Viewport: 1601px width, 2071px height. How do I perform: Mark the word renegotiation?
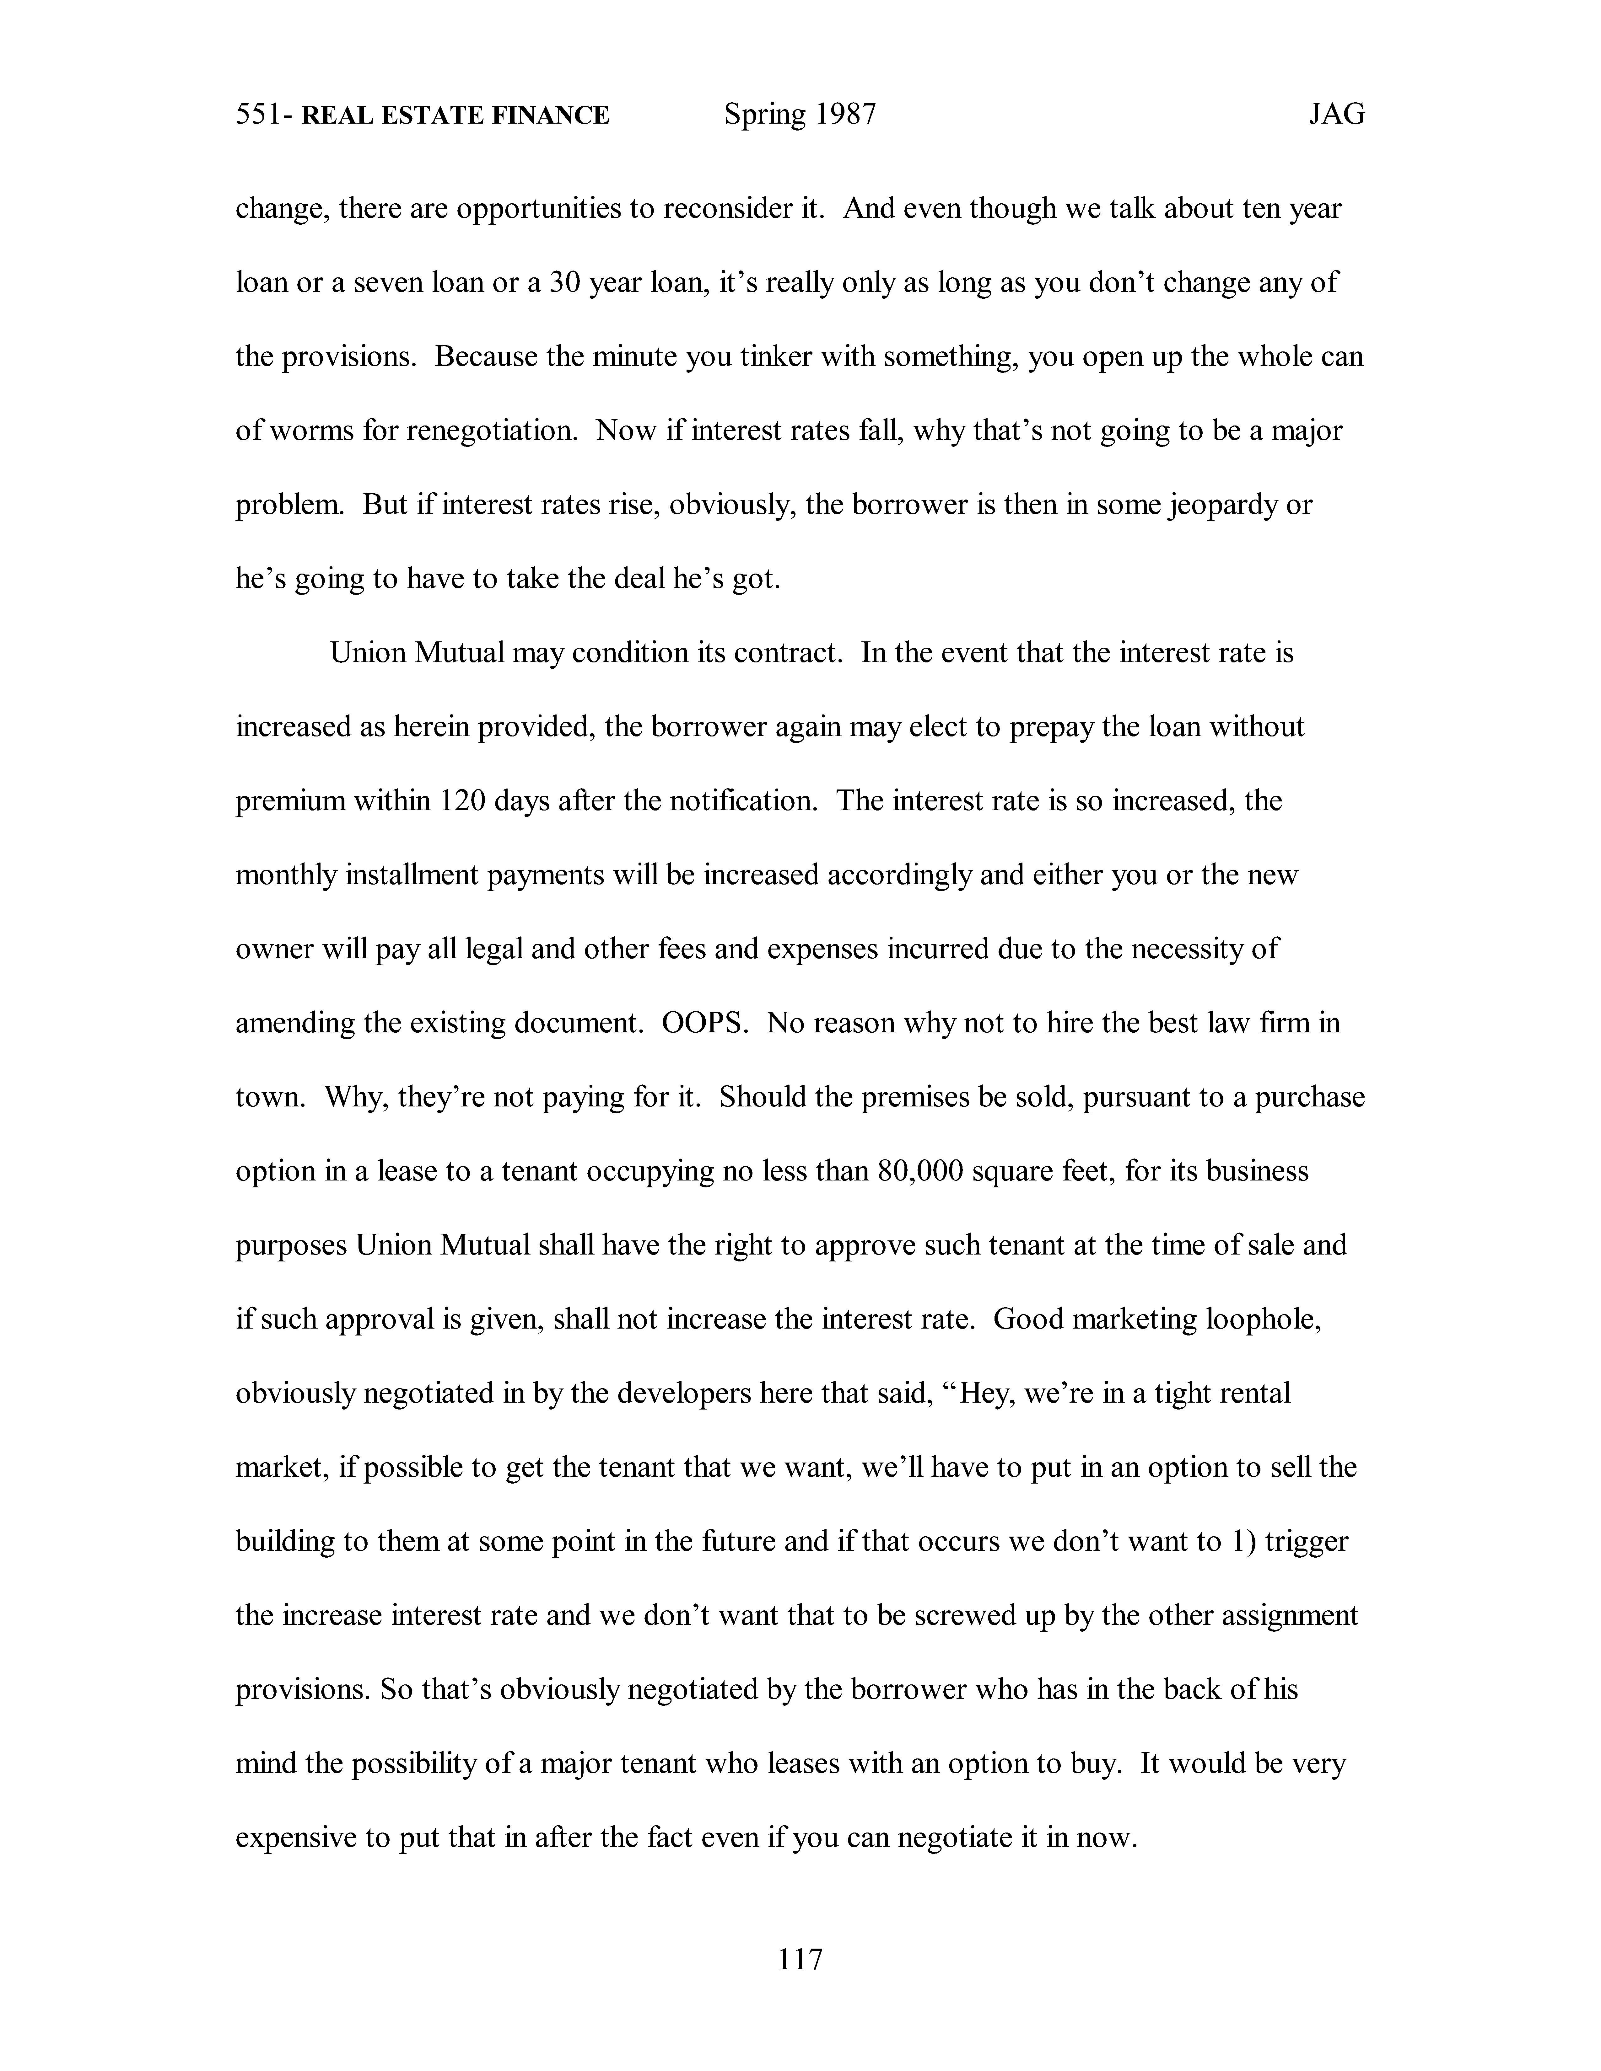tap(492, 431)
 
